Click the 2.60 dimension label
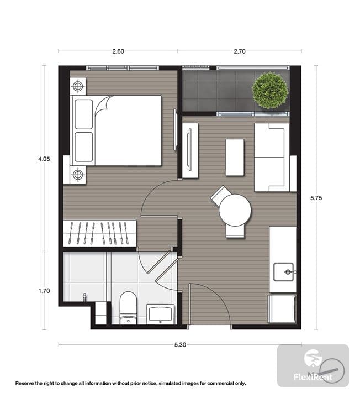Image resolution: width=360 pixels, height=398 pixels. click(118, 51)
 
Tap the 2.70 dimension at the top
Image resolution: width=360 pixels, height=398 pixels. click(240, 51)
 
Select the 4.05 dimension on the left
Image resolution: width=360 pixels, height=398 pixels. click(44, 159)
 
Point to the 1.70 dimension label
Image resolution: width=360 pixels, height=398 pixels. click(44, 291)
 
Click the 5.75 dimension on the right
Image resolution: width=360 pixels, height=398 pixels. click(316, 198)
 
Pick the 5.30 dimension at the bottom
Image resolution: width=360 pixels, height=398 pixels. click(180, 345)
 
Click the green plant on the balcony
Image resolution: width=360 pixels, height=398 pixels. click(270, 90)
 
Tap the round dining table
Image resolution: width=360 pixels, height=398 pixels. click(235, 211)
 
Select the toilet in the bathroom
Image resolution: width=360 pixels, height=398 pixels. click(128, 308)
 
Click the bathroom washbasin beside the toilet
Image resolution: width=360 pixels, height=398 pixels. click(160, 314)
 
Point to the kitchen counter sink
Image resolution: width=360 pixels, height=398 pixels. click(284, 272)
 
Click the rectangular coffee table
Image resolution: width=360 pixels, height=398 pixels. click(235, 158)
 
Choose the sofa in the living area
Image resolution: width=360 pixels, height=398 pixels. click(272, 158)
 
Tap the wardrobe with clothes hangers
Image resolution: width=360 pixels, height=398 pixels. click(99, 233)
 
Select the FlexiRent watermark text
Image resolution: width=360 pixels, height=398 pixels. click(313, 377)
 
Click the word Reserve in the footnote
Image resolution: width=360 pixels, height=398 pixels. click(24, 383)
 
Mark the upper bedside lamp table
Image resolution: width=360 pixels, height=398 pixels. click(78, 86)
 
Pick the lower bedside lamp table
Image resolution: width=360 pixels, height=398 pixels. click(78, 175)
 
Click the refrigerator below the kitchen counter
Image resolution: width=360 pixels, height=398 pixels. click(282, 308)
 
